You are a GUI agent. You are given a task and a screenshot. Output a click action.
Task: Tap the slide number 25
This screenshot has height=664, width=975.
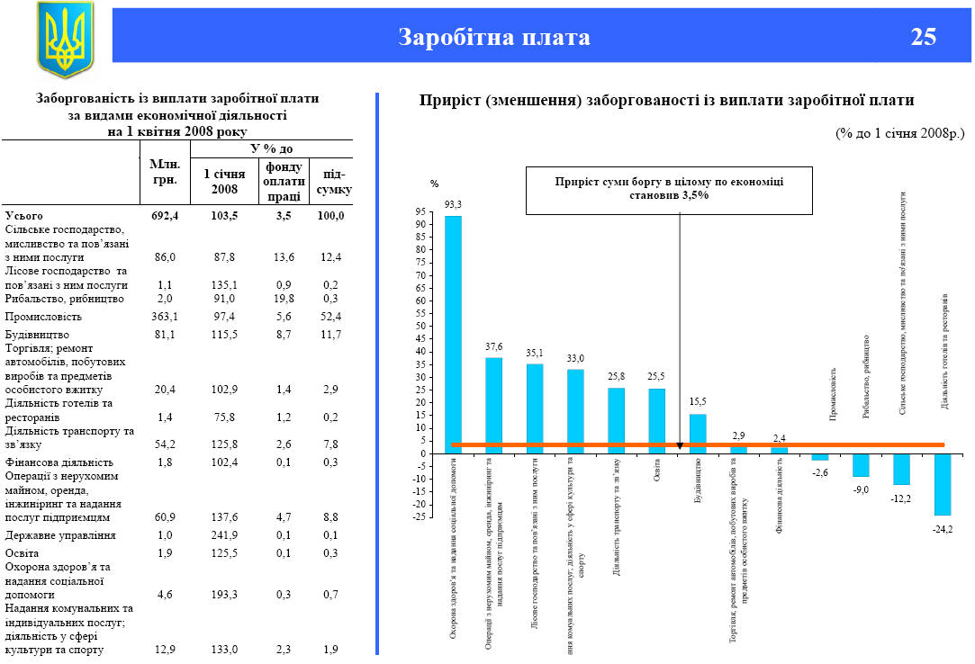[x=923, y=37]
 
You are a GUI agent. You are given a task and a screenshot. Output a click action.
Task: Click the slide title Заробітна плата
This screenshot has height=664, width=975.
[x=494, y=37]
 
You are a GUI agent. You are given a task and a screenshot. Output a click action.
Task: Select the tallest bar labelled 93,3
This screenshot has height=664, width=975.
[x=453, y=334]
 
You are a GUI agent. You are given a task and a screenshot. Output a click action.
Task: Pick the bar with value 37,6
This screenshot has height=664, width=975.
[x=494, y=405]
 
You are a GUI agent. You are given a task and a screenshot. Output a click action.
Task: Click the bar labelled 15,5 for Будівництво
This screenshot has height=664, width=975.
[x=698, y=433]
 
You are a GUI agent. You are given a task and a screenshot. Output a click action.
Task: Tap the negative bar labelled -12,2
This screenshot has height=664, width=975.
[x=901, y=469]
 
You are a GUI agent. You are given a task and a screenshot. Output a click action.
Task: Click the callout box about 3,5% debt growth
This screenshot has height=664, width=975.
[x=669, y=188]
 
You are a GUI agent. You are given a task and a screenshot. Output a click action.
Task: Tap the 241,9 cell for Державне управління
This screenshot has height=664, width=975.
[x=224, y=535]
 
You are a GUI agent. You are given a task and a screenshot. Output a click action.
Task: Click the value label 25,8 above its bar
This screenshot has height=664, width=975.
[x=616, y=376]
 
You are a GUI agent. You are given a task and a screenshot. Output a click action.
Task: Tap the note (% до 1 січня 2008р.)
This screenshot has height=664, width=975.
[x=899, y=132]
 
